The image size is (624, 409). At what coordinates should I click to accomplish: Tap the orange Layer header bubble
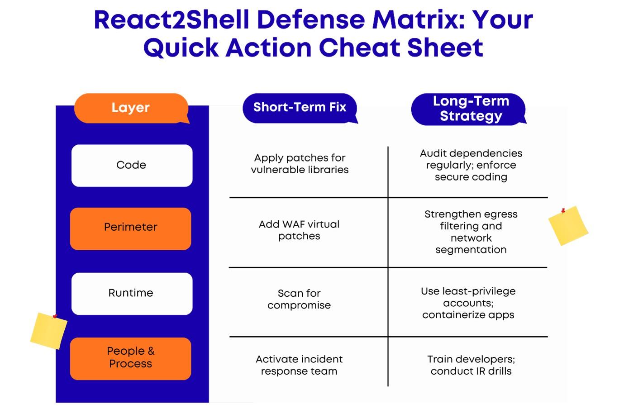click(x=131, y=108)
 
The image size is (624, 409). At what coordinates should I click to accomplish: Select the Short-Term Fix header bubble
click(x=300, y=108)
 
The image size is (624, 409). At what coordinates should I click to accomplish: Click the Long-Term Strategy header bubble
click(x=470, y=109)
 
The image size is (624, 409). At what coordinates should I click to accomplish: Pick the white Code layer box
click(x=132, y=165)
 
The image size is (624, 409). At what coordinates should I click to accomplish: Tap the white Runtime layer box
click(x=132, y=293)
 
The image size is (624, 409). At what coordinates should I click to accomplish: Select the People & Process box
click(x=131, y=358)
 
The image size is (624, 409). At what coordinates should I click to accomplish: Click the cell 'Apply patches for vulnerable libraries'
click(x=300, y=164)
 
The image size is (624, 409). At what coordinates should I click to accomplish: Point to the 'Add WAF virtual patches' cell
click(x=299, y=230)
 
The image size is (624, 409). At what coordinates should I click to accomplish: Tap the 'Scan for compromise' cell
click(x=299, y=299)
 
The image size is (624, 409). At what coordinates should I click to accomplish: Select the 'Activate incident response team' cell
click(x=299, y=365)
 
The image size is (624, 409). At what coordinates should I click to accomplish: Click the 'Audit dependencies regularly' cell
click(x=471, y=165)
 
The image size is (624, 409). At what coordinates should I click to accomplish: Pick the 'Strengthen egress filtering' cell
click(x=471, y=232)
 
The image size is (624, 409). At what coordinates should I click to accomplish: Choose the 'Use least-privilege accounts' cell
click(x=468, y=303)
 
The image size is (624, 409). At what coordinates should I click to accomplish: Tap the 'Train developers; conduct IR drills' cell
click(x=471, y=365)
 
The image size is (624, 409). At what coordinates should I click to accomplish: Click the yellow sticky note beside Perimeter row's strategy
click(x=568, y=226)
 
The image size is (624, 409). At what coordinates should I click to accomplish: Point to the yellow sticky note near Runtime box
click(x=49, y=331)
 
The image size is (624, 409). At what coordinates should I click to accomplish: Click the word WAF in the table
click(x=294, y=224)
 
